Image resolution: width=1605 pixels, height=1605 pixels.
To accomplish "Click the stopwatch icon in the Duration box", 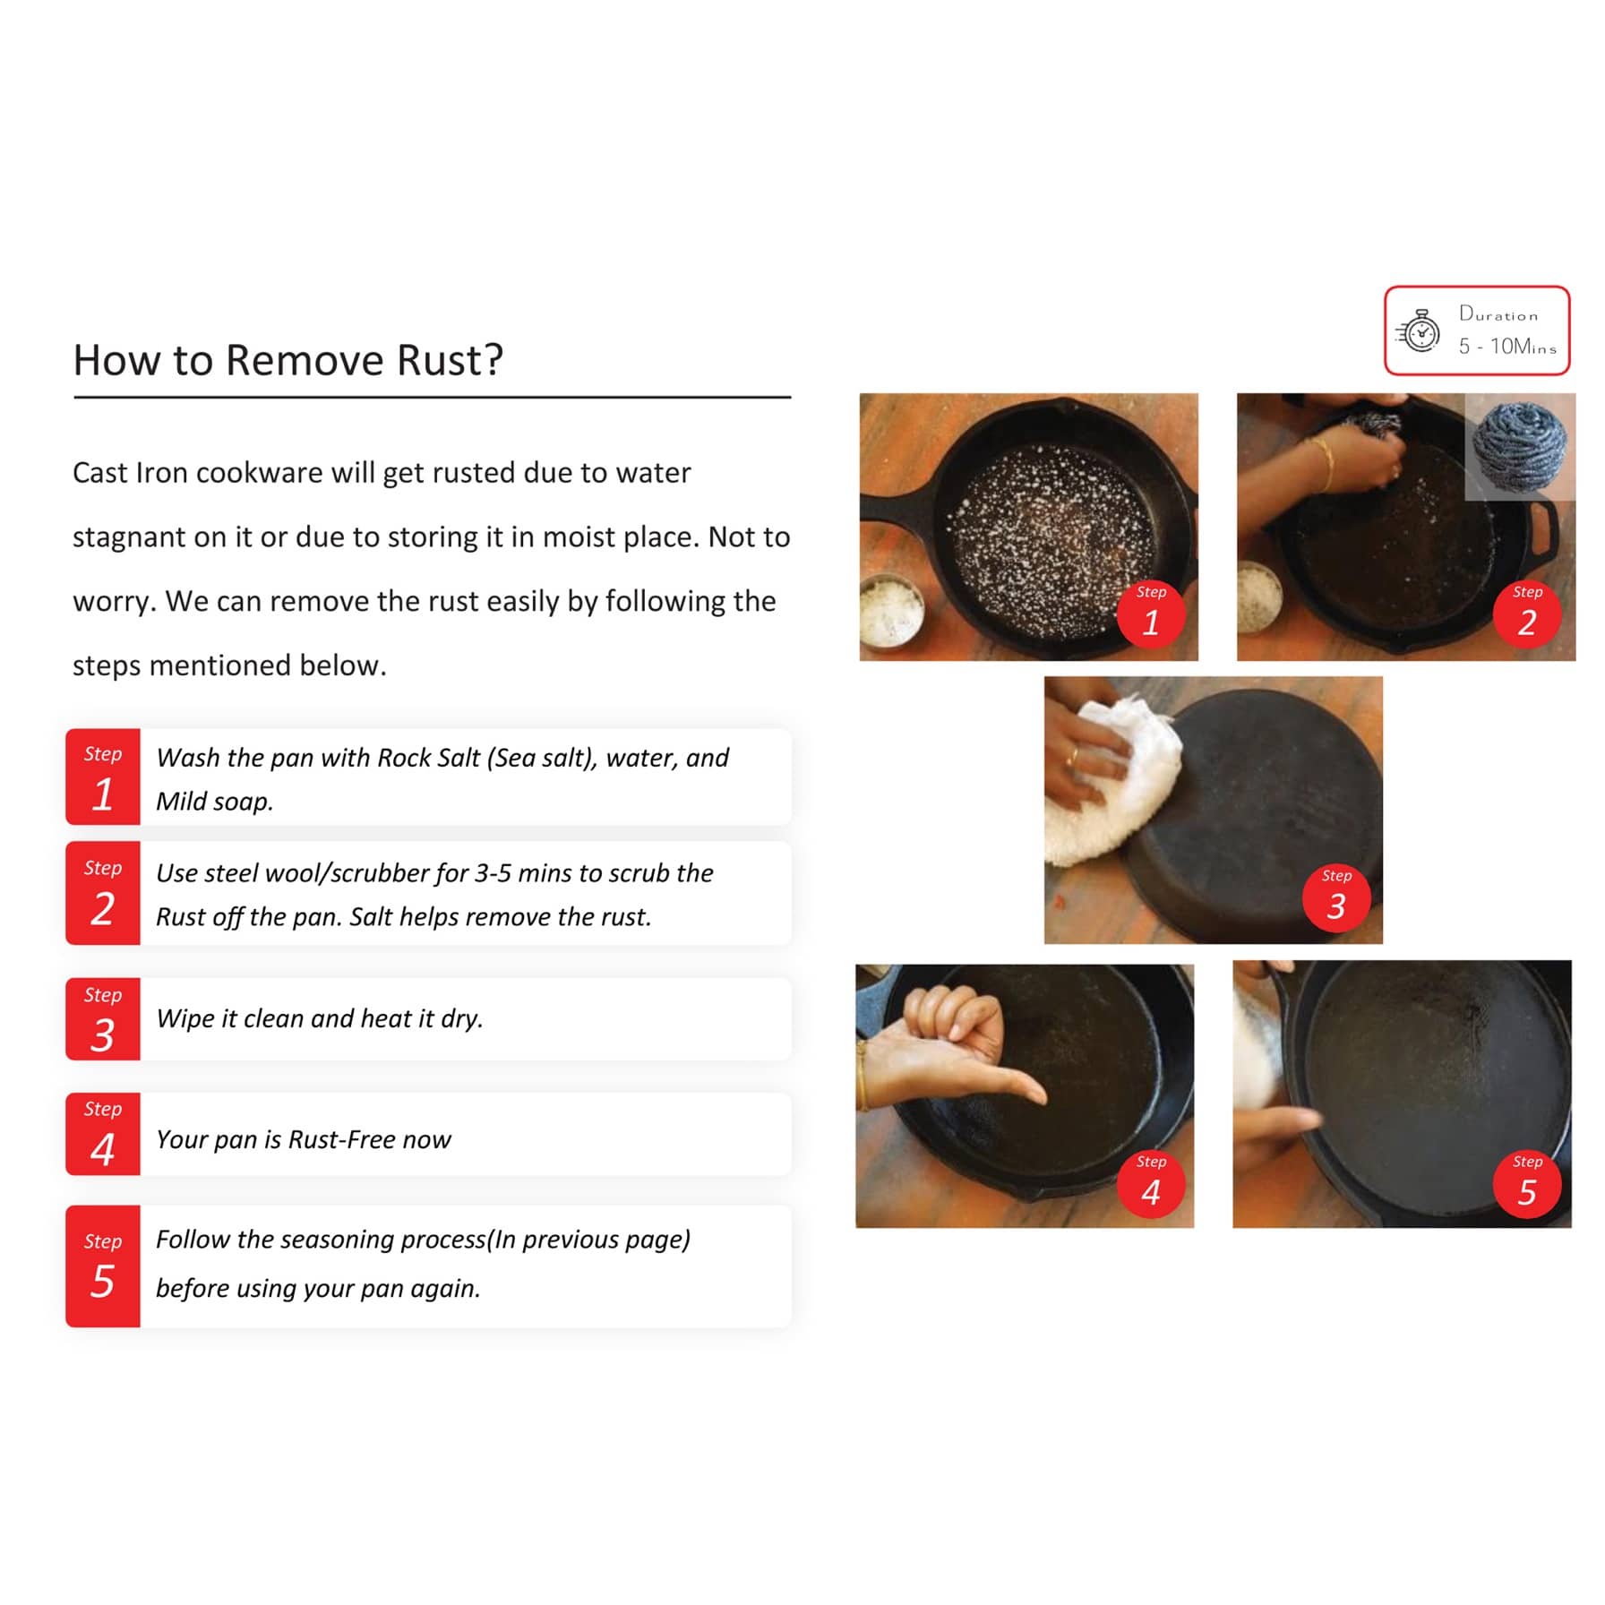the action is point(1419,331).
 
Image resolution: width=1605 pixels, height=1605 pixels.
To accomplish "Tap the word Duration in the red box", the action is point(1498,313).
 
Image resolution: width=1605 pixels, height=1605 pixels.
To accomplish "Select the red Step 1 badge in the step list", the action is point(103,777).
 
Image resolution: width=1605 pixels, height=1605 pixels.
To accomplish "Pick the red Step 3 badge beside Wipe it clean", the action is point(103,1019).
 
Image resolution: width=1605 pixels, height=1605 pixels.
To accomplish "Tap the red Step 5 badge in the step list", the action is point(103,1266).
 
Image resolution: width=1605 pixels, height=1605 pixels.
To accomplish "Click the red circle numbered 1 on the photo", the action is point(1151,614).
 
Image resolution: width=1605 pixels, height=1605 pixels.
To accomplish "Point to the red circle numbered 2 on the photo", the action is point(1527,614).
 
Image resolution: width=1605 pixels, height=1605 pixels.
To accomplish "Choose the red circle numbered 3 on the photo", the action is point(1336,897).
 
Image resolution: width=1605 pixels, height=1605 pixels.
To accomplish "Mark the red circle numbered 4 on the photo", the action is point(1151,1183).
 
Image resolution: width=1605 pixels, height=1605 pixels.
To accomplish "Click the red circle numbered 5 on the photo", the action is point(1527,1183).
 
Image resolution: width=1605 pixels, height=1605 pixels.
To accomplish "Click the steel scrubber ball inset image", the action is point(1520,446).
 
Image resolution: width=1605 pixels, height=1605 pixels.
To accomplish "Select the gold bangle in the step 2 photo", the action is point(1324,463).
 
